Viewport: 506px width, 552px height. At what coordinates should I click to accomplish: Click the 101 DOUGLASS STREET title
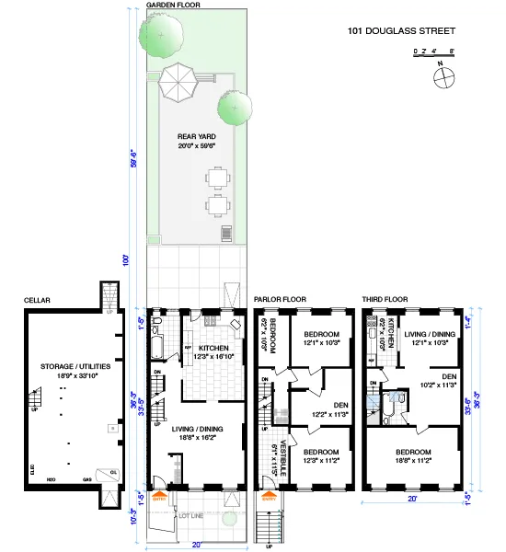click(x=401, y=31)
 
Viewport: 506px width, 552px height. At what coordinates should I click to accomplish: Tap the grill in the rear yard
click(x=225, y=233)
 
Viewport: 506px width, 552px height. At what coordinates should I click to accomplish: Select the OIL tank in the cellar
click(x=113, y=474)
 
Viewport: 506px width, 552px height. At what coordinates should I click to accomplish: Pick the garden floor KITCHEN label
click(x=213, y=347)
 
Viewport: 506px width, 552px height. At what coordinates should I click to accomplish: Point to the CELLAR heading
click(x=37, y=300)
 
